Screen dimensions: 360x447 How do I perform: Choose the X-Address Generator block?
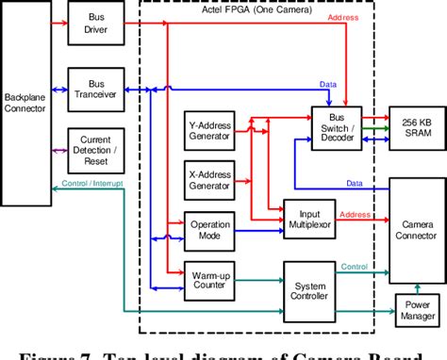(x=210, y=179)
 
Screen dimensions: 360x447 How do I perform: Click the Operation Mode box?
(x=210, y=231)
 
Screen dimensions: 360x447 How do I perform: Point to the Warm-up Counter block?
(x=210, y=281)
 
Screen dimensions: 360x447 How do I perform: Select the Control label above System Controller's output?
(x=355, y=268)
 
